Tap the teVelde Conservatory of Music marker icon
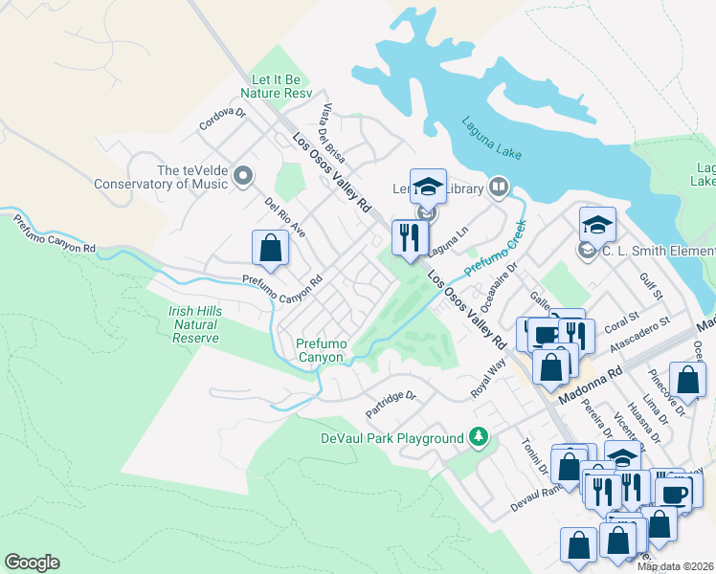click(243, 176)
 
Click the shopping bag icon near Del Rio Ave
click(271, 248)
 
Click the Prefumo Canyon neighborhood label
click(320, 350)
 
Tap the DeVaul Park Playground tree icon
click(480, 438)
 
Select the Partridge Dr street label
click(392, 405)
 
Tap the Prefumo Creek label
click(498, 246)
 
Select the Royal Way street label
click(487, 380)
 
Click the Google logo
click(33, 563)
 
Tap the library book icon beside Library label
click(499, 188)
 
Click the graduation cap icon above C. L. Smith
click(597, 224)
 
